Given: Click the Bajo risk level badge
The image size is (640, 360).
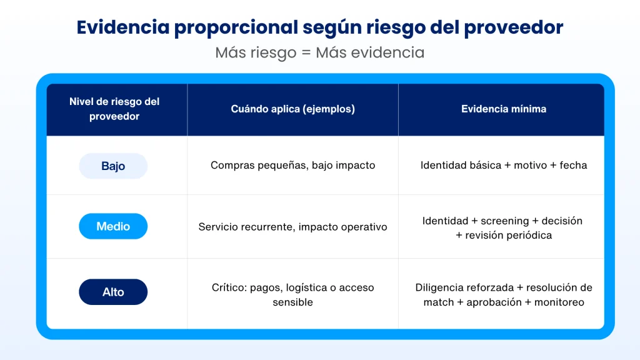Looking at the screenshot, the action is point(113,166).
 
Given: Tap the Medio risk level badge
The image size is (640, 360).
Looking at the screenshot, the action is point(113,226).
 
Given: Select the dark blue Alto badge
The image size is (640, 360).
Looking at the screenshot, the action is point(113,292).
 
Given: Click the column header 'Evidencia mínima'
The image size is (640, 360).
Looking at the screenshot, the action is point(504,109).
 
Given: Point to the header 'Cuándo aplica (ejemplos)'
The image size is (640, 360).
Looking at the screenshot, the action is point(292,109).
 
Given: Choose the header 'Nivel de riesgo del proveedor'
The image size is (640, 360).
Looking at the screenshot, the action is point(114,109).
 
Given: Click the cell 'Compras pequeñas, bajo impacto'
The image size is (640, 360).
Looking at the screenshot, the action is point(292,165).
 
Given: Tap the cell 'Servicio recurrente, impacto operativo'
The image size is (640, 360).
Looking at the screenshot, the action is point(292,227).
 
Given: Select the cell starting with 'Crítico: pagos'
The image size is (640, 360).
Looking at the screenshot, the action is point(292,295).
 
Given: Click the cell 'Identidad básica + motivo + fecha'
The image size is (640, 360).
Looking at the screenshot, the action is point(504,165).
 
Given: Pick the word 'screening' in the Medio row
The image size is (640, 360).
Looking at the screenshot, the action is point(504,221).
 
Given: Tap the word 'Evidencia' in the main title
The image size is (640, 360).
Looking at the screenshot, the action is point(123,27).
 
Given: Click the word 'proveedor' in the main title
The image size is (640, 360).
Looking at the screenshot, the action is point(514,27).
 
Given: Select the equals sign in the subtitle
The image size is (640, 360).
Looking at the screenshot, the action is point(306,53).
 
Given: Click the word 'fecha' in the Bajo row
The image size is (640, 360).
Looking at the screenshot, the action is point(573,165).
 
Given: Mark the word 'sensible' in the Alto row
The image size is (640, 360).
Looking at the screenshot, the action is point(292,302).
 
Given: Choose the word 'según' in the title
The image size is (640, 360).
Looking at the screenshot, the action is point(331,28).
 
